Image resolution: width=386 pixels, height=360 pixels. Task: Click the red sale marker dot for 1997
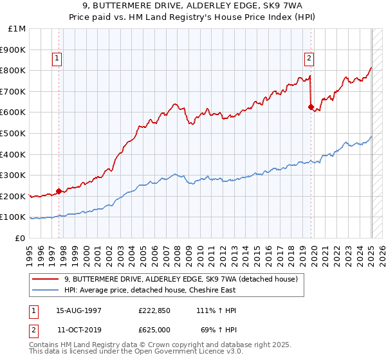click(59, 190)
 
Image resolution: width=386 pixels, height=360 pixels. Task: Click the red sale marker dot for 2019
click(311, 107)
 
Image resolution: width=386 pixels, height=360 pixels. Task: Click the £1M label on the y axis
click(17, 28)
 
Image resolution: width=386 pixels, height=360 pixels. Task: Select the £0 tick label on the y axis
click(20, 238)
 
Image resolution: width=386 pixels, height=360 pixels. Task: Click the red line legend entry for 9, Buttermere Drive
click(180, 279)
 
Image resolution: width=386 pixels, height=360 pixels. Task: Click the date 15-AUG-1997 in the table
click(78, 310)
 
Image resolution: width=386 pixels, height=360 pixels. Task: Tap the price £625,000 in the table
click(154, 329)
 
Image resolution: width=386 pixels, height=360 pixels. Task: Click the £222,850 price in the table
click(154, 310)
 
